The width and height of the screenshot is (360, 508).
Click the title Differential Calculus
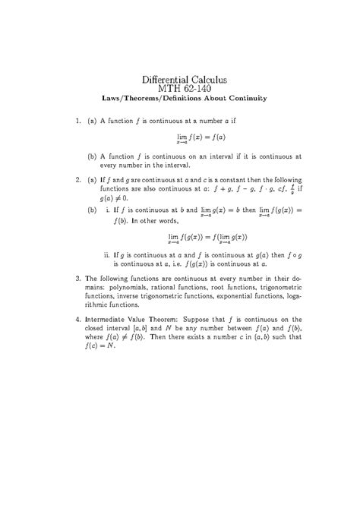pyautogui.click(x=180, y=79)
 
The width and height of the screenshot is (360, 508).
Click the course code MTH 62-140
pyautogui.click(x=180, y=89)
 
